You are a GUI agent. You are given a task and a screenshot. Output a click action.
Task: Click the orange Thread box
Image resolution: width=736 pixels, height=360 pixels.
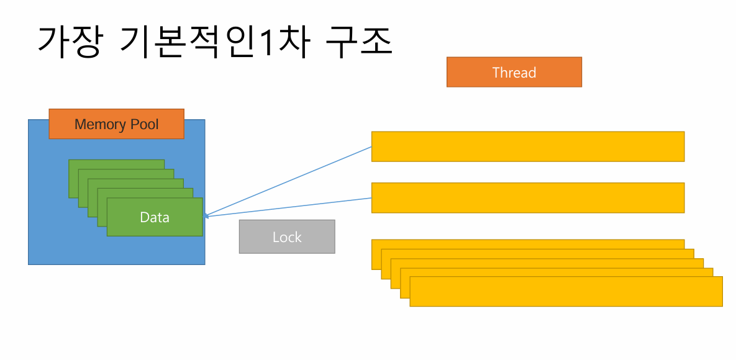click(x=514, y=72)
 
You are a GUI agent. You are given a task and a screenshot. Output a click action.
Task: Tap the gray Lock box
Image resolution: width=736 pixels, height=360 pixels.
click(x=286, y=236)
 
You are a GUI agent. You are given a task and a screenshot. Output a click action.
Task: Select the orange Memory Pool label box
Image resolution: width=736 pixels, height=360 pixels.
click(x=116, y=124)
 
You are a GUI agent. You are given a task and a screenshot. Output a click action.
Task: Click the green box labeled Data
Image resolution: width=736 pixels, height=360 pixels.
click(x=155, y=217)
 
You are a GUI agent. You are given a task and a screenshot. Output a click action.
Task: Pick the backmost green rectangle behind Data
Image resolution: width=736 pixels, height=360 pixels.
click(x=116, y=164)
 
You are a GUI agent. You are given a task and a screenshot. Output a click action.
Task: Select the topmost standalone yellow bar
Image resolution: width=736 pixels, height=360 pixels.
click(x=527, y=146)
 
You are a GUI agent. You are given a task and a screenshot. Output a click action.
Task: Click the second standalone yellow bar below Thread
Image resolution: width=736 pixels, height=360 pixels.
click(x=527, y=197)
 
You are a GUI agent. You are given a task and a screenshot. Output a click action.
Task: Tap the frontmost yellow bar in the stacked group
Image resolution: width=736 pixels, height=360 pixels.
click(x=565, y=292)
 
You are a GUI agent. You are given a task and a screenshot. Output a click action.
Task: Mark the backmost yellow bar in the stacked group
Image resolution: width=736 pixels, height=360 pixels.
click(x=527, y=243)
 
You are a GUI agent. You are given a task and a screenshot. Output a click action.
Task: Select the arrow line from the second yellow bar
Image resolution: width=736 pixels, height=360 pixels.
click(x=292, y=207)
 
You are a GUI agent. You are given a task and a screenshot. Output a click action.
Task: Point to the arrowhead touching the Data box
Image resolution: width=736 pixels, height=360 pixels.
click(x=207, y=215)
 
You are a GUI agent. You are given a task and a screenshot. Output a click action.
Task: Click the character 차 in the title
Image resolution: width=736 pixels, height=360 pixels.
click(x=293, y=42)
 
